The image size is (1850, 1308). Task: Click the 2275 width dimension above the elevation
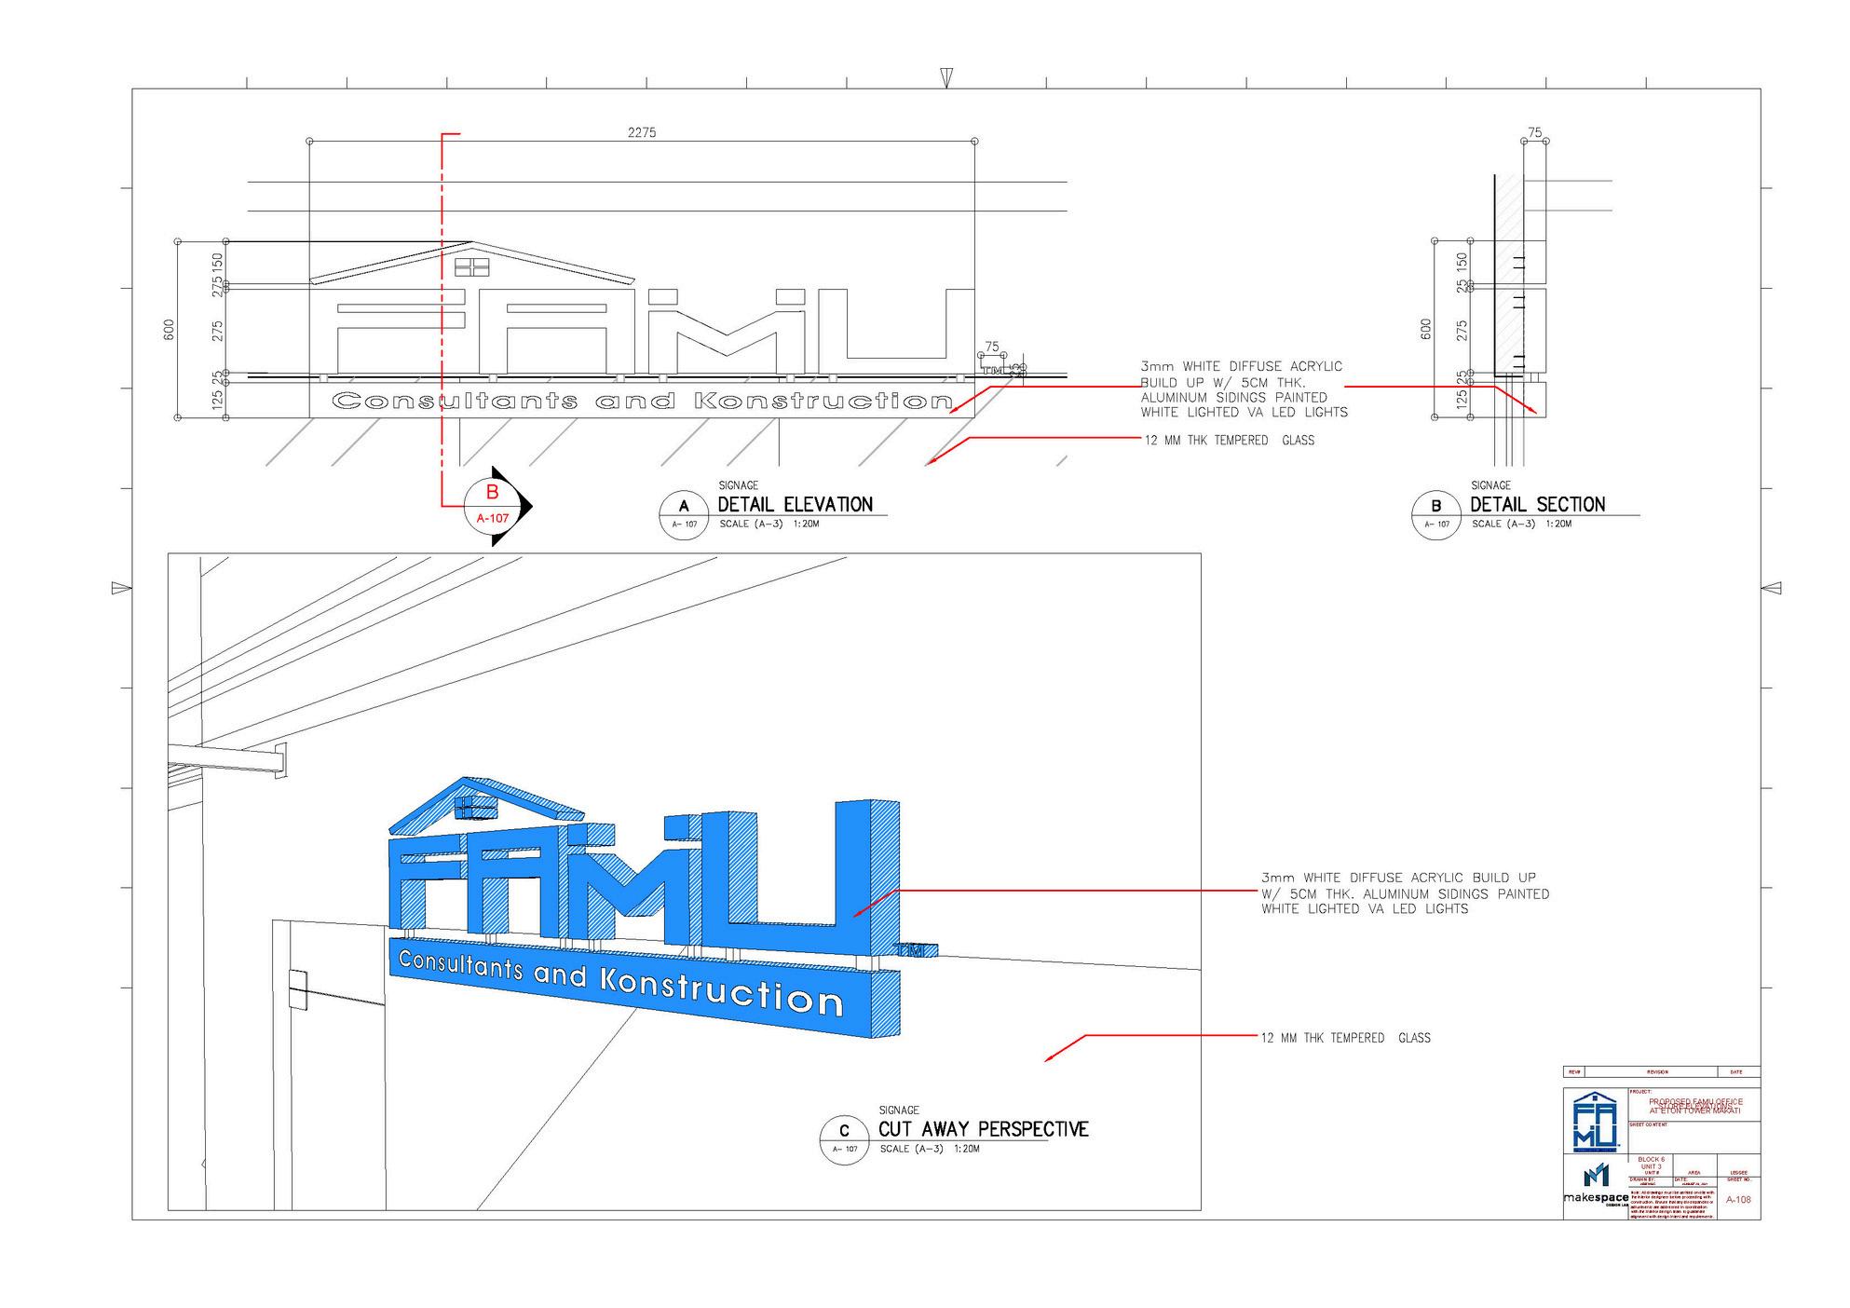(x=641, y=132)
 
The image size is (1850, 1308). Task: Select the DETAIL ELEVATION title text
(x=795, y=505)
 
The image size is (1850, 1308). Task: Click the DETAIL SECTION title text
(x=1537, y=505)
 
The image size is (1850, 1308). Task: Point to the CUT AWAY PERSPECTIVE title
(x=983, y=1129)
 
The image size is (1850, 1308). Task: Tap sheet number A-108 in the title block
(x=1738, y=1200)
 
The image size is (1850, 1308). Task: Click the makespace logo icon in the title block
(x=1596, y=1176)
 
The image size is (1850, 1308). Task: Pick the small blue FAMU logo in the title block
(x=1595, y=1123)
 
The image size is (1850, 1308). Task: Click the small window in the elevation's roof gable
(x=471, y=267)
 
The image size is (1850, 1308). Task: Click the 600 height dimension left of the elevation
(x=169, y=329)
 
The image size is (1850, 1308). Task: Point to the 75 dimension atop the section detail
(x=1535, y=132)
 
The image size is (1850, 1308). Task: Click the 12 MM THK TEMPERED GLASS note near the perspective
(x=1345, y=1038)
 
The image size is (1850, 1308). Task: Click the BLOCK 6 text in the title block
(x=1651, y=1159)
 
